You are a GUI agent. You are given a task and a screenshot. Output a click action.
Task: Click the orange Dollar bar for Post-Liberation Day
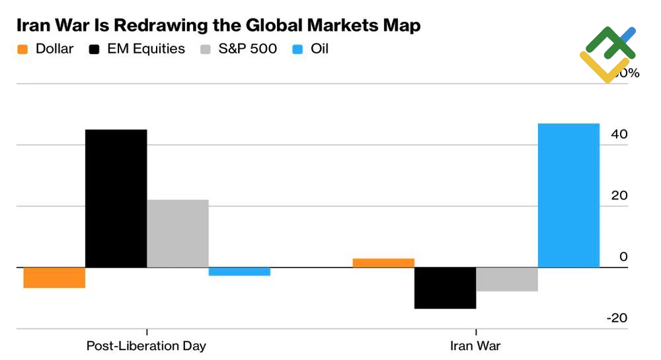coord(54,277)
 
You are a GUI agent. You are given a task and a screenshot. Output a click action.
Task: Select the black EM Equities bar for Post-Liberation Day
coord(116,198)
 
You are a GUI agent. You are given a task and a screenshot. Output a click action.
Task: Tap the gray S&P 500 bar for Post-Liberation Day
coord(178,233)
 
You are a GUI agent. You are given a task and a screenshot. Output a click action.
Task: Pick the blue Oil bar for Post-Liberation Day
coord(239,271)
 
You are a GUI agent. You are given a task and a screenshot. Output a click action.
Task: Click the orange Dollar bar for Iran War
coord(383,263)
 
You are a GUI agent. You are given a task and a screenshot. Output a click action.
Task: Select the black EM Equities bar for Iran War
coord(445,288)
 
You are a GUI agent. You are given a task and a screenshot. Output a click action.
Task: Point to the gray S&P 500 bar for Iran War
coord(507,279)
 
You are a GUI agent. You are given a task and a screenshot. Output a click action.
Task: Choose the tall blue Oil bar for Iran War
coord(568,196)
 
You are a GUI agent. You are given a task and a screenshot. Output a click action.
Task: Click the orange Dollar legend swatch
coord(22,49)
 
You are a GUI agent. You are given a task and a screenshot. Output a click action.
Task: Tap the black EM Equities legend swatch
coord(95,49)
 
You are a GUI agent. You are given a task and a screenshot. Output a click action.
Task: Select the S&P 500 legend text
coord(249,49)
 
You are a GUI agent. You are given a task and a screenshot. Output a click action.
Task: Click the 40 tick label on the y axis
coord(619,134)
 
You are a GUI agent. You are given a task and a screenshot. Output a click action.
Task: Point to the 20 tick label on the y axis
coord(619,196)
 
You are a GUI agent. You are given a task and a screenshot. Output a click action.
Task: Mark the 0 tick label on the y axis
coord(623,257)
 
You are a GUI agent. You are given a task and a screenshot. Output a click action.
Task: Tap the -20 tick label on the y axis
coord(617,318)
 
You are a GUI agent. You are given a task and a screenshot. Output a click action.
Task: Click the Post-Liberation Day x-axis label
coord(146,346)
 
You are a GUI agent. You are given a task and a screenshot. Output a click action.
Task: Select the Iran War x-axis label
coord(475,346)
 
